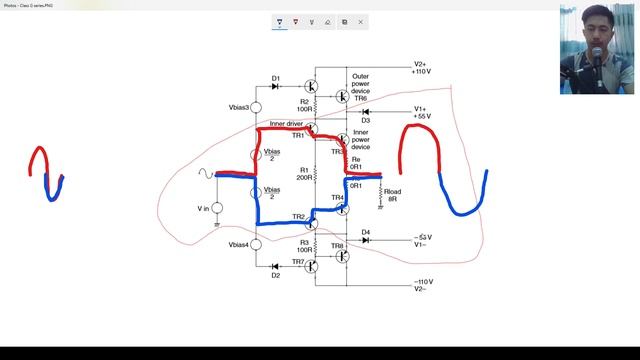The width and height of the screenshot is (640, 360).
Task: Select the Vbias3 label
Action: (x=238, y=107)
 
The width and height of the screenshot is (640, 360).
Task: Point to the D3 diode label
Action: (x=366, y=120)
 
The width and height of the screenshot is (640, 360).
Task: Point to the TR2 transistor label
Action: (x=298, y=217)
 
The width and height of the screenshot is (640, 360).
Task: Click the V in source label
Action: (x=204, y=208)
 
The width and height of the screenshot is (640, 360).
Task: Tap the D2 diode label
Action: (x=276, y=276)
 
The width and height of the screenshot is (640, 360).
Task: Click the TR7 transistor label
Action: (x=298, y=262)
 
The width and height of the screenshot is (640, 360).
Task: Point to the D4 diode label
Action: (x=366, y=232)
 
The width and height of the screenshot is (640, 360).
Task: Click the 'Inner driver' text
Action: (x=287, y=124)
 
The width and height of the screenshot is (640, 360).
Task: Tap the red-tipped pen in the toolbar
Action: (x=296, y=21)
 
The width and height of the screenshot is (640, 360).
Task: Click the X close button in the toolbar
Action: (x=361, y=21)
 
